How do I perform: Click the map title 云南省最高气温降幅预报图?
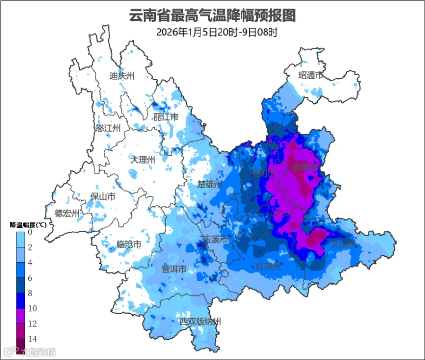click(212, 16)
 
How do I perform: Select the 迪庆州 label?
click(122, 75)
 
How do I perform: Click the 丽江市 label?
click(166, 117)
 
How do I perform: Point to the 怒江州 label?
click(108, 128)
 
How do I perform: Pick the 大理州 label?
click(143, 160)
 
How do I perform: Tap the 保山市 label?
click(103, 197)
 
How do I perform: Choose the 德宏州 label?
click(67, 213)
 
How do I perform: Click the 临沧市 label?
click(129, 244)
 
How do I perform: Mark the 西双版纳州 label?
click(200, 322)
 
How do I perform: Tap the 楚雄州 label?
click(210, 184)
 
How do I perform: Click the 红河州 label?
click(268, 267)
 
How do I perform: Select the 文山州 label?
click(342, 244)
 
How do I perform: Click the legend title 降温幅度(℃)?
click(28, 225)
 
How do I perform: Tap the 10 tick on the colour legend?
click(30, 309)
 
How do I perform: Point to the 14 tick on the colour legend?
click(30, 339)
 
